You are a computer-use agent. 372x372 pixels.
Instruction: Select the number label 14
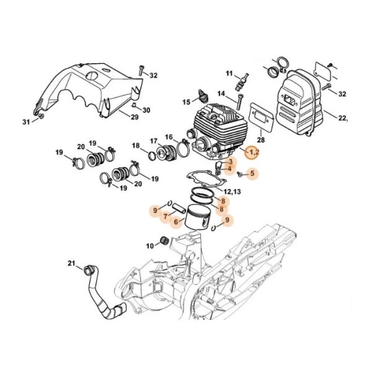coord(221,93)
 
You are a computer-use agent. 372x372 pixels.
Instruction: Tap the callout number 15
coord(186,102)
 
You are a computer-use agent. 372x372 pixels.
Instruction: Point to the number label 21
coord(71,264)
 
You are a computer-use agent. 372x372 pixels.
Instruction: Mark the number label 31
coord(27,122)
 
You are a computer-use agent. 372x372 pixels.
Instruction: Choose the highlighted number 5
coord(252,175)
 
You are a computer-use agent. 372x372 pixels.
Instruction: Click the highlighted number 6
coord(176,221)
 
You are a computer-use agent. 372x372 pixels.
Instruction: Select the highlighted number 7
coord(166,216)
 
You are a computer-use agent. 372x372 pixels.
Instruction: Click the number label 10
coord(149,246)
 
